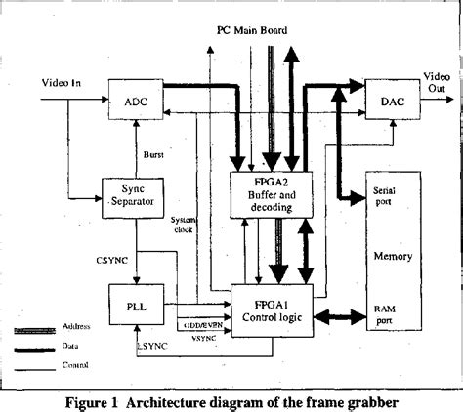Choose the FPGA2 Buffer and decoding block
tap(269, 193)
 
